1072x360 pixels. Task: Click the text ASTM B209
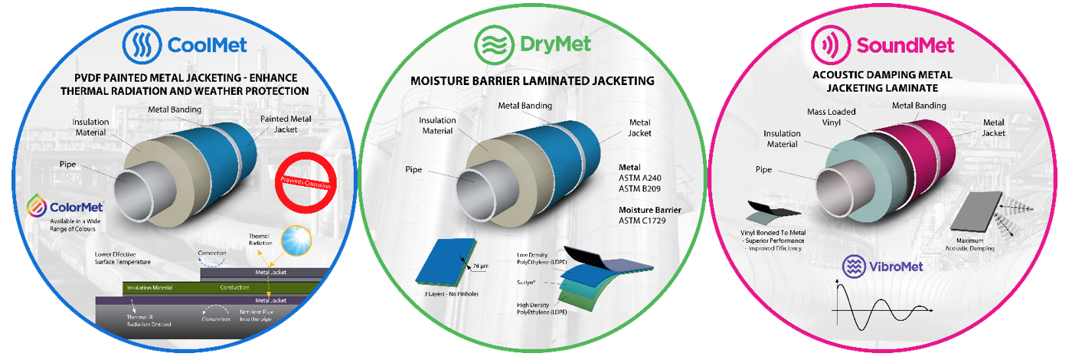tap(640, 188)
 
